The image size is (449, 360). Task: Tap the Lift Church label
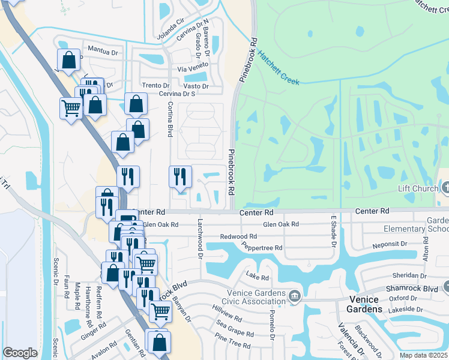(x=418, y=188)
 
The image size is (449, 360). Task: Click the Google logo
(x=20, y=353)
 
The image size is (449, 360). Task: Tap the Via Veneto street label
(x=191, y=70)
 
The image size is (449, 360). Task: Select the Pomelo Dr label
(x=271, y=325)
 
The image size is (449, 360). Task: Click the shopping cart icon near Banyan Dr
(x=160, y=311)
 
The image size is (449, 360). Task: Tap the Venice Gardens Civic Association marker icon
(x=295, y=296)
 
